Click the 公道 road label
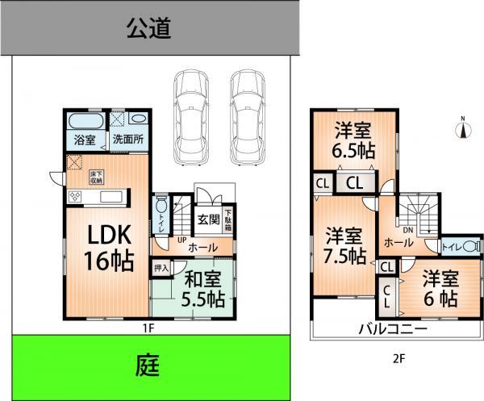point(149,30)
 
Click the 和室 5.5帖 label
point(202,288)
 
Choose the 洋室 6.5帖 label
point(355,139)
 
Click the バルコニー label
point(393,328)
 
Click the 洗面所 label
point(127,139)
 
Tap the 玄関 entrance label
point(208,218)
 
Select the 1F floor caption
point(149,328)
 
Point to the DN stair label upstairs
point(408,229)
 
